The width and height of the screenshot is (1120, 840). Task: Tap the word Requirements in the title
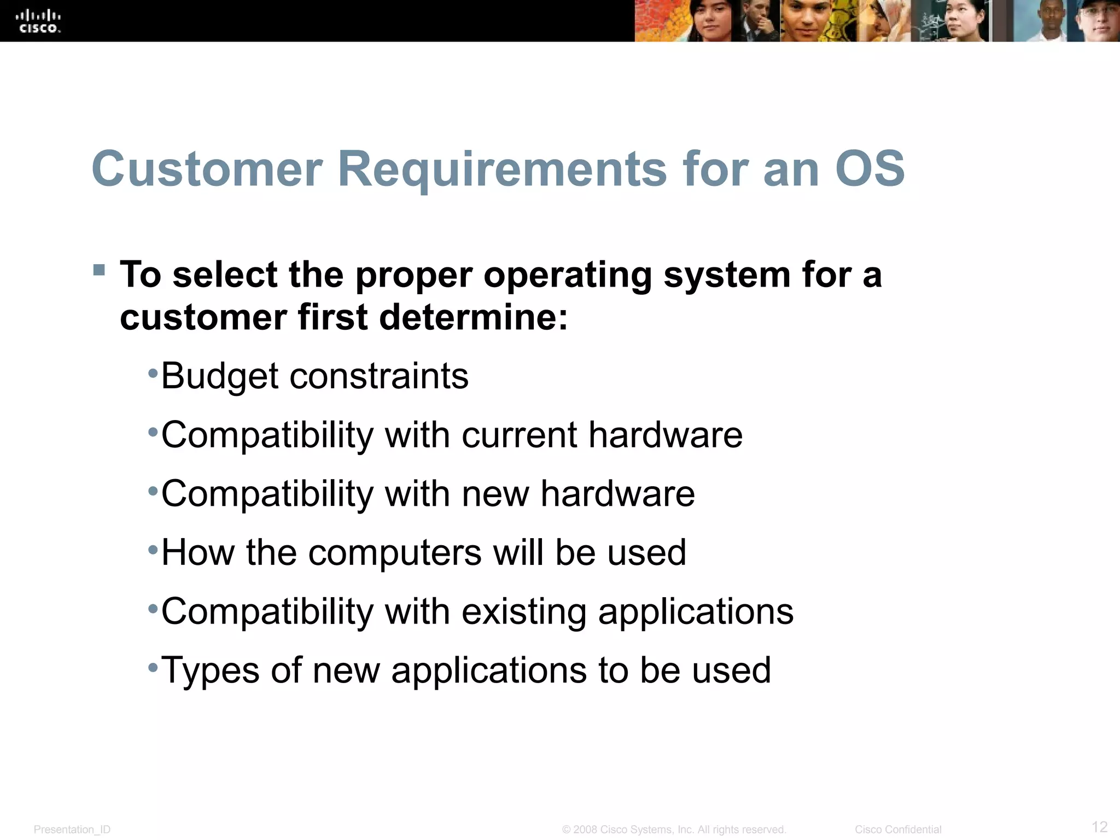502,169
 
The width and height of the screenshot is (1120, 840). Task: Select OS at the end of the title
870,169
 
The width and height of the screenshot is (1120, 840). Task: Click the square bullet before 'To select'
99,270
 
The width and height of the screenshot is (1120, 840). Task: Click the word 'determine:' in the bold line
474,317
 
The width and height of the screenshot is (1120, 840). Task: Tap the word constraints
378,377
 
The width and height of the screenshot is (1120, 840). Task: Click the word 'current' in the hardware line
519,435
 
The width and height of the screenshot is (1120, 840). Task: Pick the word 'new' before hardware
495,494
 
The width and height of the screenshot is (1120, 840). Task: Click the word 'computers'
395,552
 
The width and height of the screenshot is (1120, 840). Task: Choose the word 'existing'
523,611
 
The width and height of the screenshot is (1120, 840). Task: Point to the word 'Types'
210,670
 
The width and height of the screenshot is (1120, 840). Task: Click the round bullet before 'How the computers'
153,549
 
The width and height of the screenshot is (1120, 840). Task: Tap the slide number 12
1099,826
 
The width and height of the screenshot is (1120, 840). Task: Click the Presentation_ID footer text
72,830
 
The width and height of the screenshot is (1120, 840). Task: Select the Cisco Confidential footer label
898,830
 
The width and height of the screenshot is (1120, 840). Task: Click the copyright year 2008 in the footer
585,830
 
